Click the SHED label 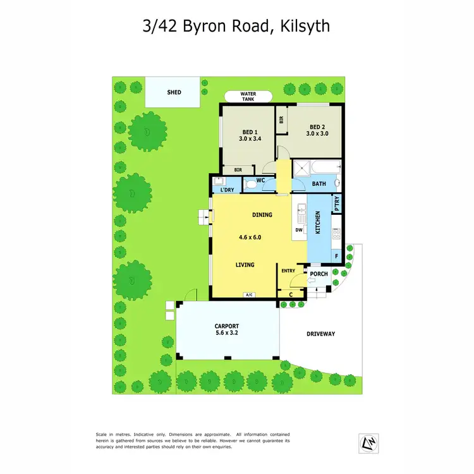pos(174,92)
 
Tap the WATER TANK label pos(248,97)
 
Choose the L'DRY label pos(227,190)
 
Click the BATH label pos(319,184)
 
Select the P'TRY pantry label pos(337,205)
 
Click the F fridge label pos(336,256)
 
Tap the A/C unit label pos(249,295)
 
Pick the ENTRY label pos(288,270)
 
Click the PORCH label pos(319,274)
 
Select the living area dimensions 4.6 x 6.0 pos(250,238)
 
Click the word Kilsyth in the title pos(302,27)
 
